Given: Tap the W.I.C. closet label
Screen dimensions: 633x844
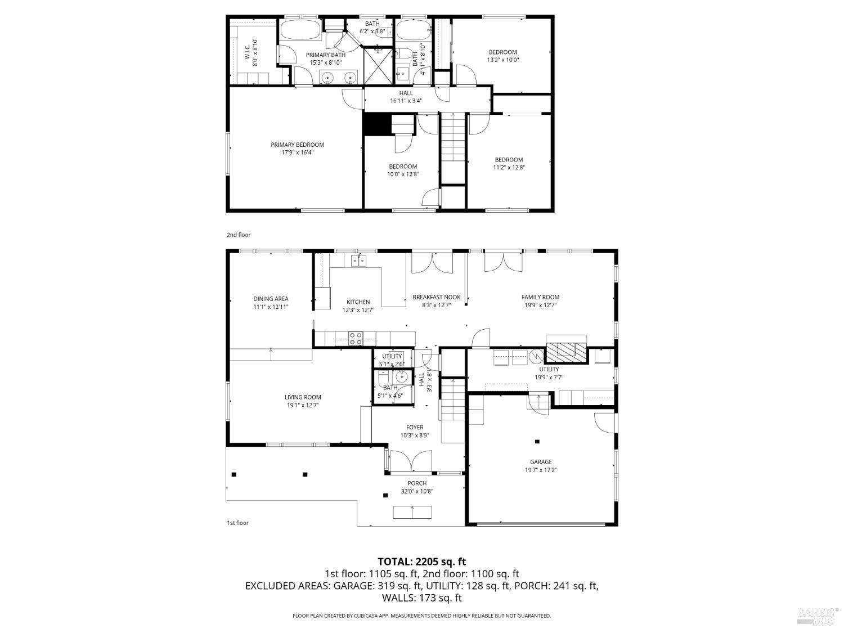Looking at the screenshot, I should (248, 52).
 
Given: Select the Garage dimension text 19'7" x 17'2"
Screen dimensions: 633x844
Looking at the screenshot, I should (540, 470).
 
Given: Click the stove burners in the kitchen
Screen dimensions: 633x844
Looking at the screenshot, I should (356, 338).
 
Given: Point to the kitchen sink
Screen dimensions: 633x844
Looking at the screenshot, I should (358, 260).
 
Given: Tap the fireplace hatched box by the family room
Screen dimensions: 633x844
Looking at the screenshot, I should (567, 351).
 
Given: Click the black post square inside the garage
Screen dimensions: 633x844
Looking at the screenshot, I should (537, 442).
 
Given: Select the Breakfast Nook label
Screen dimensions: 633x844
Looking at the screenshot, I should (436, 297).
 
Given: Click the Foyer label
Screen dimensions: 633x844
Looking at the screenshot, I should (415, 428).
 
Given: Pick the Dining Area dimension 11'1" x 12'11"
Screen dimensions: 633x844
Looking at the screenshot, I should (271, 307).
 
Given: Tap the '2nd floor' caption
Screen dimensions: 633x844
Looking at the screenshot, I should (239, 235).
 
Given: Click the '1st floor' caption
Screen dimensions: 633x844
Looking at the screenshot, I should (237, 523).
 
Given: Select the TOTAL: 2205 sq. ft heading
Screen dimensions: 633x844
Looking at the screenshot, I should (421, 561).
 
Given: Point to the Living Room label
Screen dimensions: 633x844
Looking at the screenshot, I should (303, 397).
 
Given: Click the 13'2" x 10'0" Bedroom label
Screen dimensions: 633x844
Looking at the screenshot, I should (502, 56).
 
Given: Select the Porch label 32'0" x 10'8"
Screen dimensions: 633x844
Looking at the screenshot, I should (417, 487).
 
